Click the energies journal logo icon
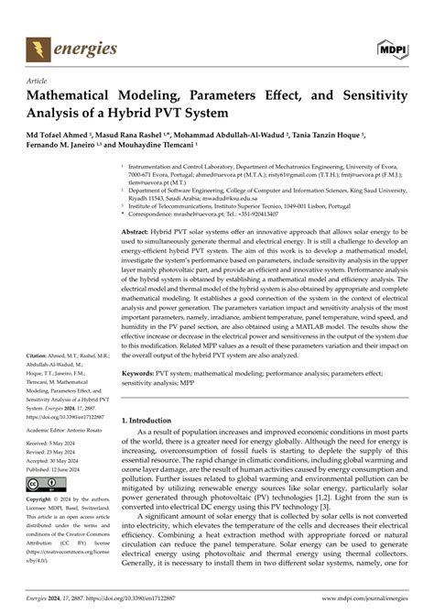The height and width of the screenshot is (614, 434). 39,49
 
